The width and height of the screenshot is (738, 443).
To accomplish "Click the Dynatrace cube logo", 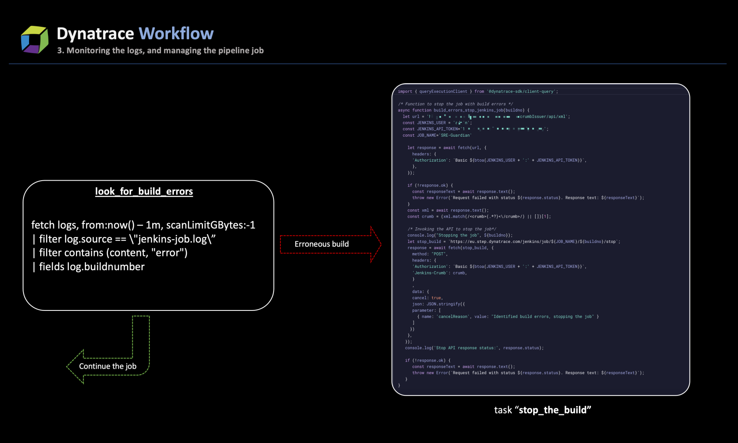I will pos(35,39).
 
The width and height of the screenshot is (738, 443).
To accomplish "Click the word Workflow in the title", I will pos(176,34).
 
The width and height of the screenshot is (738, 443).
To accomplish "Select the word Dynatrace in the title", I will pos(95,34).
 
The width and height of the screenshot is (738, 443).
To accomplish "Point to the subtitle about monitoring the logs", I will pos(160,50).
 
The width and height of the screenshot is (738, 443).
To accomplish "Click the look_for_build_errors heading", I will pos(144,191).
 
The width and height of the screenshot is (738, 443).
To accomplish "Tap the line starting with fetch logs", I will pos(143,225).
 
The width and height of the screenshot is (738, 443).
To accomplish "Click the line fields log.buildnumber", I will pos(89,267).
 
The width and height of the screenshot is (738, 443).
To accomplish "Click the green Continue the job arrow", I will pos(108,366).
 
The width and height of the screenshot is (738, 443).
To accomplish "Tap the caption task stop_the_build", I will pos(542,410).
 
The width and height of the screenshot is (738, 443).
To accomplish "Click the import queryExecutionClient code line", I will pos(477,91).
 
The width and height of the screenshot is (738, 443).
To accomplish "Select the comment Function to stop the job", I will pos(455,104).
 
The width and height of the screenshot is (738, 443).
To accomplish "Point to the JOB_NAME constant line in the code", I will pos(437,135).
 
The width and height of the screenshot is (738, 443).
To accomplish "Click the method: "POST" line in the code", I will pos(429,254).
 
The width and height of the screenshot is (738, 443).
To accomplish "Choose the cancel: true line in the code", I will pos(427,298).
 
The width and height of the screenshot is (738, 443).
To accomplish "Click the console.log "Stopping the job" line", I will pos(459,235).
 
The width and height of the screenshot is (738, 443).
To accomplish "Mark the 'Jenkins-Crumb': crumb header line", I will pos(439,273).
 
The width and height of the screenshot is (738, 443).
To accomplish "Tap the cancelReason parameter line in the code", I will pos(507,317).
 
